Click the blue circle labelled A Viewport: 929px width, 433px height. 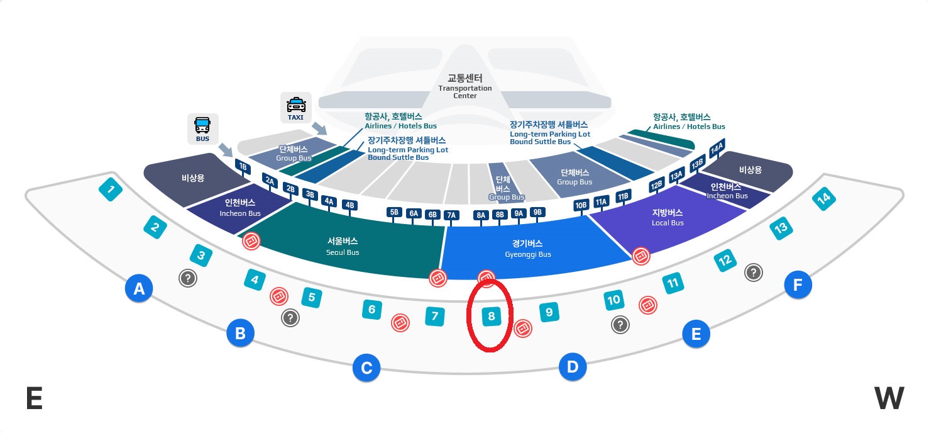click(x=139, y=289)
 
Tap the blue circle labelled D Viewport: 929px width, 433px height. click(x=573, y=367)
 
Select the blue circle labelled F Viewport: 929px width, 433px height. click(x=798, y=286)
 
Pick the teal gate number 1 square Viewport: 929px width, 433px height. click(x=111, y=189)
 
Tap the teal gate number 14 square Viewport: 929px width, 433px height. click(x=823, y=198)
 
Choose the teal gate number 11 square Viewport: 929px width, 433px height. click(x=673, y=284)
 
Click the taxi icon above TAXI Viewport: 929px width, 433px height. click(x=296, y=104)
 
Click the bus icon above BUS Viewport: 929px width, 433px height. click(x=202, y=124)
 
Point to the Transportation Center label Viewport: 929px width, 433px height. click(x=465, y=87)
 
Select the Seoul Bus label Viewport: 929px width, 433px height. click(x=343, y=246)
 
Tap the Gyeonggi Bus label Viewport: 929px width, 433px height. click(x=528, y=249)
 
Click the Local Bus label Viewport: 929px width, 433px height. click(x=668, y=217)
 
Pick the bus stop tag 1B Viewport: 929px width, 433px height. click(x=242, y=166)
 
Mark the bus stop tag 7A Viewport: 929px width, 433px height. click(x=451, y=215)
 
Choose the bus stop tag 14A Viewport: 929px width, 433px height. click(x=717, y=150)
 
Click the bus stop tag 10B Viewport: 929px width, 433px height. click(x=581, y=205)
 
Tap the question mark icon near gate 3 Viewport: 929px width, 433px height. click(x=187, y=278)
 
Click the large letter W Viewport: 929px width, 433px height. click(x=889, y=398)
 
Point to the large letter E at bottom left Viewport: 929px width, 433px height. click(x=34, y=398)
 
